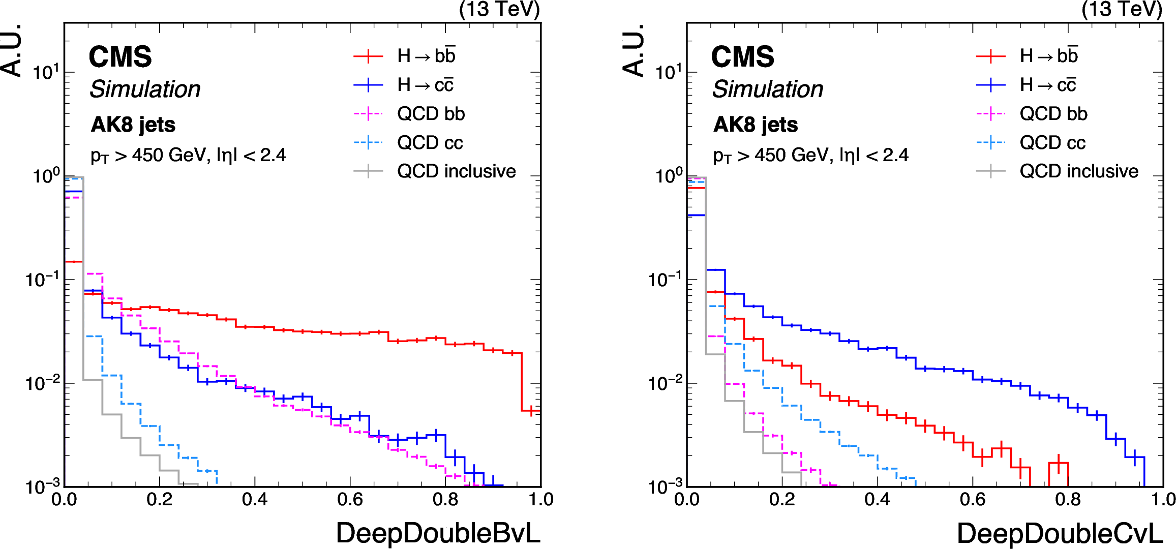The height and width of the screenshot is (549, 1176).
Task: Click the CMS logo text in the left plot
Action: click(x=120, y=56)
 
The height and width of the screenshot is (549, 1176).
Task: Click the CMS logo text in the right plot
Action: click(x=742, y=56)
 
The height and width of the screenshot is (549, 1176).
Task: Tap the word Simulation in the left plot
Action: click(x=145, y=89)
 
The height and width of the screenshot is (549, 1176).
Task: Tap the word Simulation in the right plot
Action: click(x=767, y=89)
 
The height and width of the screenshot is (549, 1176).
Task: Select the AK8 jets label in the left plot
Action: click(x=133, y=125)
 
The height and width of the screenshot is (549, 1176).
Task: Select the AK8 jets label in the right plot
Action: click(x=756, y=125)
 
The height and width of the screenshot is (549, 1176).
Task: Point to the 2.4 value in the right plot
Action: click(x=895, y=155)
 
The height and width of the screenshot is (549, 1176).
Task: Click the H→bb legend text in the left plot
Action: click(x=426, y=56)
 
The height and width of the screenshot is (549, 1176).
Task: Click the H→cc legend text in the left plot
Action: click(x=425, y=85)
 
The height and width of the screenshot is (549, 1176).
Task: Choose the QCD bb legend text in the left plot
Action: click(x=431, y=114)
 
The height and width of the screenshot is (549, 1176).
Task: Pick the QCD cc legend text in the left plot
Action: click(x=430, y=143)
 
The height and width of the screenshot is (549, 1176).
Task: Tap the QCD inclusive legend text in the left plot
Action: click(x=456, y=171)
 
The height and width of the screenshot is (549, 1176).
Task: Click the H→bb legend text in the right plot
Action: click(x=1048, y=56)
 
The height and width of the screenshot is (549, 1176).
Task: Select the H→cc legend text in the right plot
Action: click(x=1047, y=85)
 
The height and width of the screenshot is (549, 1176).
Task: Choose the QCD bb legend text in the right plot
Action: click(x=1053, y=114)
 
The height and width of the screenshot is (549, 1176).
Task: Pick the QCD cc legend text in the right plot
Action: click(x=1052, y=143)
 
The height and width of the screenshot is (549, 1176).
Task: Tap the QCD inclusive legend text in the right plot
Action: click(x=1078, y=171)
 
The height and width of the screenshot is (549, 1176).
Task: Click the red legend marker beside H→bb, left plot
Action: click(x=368, y=56)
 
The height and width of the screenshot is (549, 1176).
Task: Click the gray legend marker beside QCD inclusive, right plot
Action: click(x=990, y=171)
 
